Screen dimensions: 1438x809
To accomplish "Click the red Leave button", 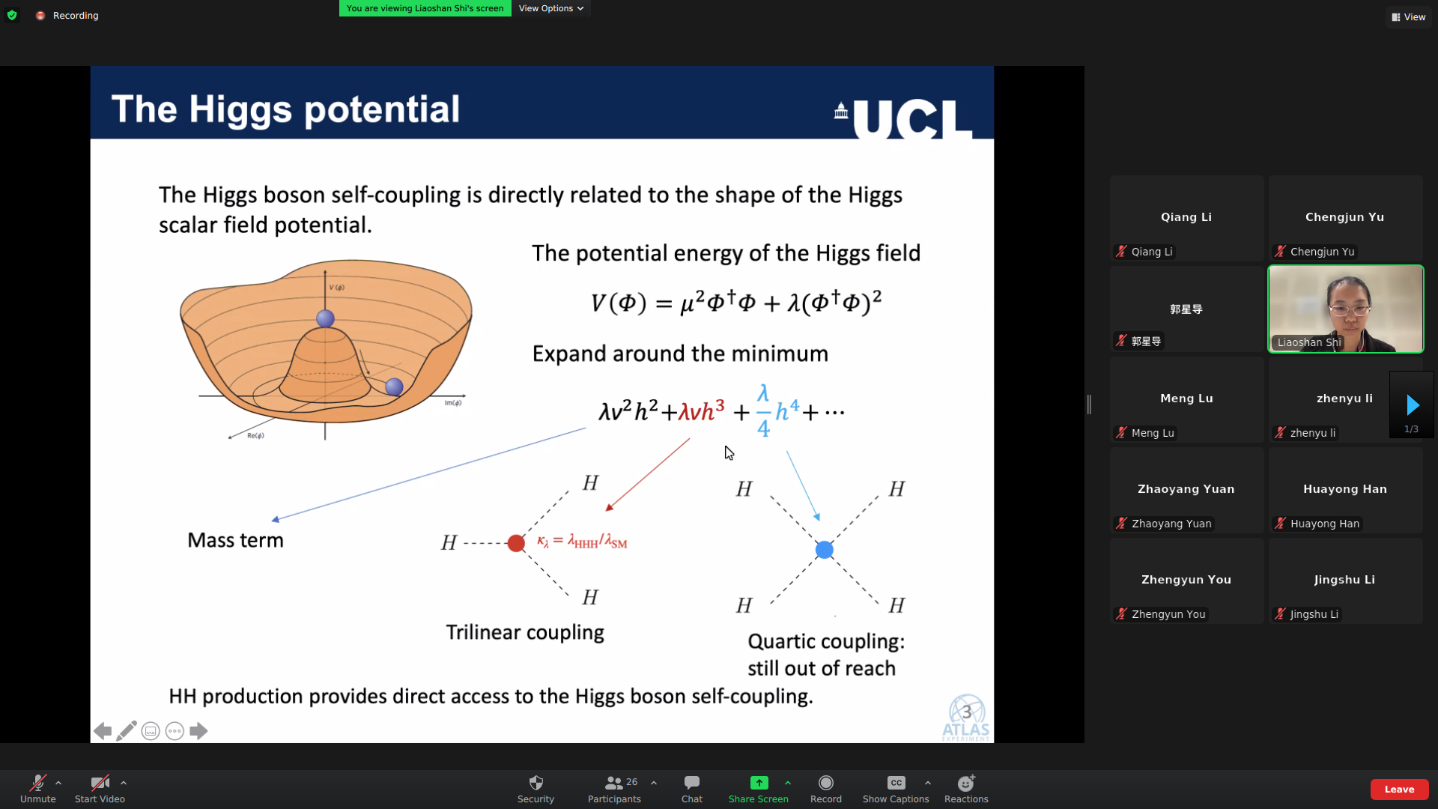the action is [1399, 789].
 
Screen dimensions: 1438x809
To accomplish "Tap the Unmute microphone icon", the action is [37, 783].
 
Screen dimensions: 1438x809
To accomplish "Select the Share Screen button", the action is [759, 783].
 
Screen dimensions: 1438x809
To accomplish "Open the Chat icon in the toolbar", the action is [692, 783].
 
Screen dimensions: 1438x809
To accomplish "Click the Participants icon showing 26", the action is [614, 783].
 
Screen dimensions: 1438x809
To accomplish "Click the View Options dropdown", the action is [551, 8].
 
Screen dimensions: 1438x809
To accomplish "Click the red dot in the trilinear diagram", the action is [516, 543].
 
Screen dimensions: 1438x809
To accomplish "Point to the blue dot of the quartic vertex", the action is [824, 550].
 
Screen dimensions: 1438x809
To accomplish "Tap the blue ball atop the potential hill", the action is [325, 318].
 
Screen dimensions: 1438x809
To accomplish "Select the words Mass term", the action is [235, 540].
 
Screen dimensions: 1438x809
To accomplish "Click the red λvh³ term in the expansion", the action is [702, 410].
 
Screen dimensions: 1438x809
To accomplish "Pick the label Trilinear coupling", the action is [525, 633].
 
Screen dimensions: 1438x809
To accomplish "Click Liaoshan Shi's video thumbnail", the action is [1345, 309].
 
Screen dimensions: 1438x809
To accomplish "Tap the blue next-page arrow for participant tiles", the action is [1413, 404].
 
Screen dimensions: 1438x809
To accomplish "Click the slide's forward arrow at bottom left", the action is [198, 731].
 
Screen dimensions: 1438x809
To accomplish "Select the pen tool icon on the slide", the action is [127, 731].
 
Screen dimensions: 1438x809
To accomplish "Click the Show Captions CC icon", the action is [896, 783].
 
